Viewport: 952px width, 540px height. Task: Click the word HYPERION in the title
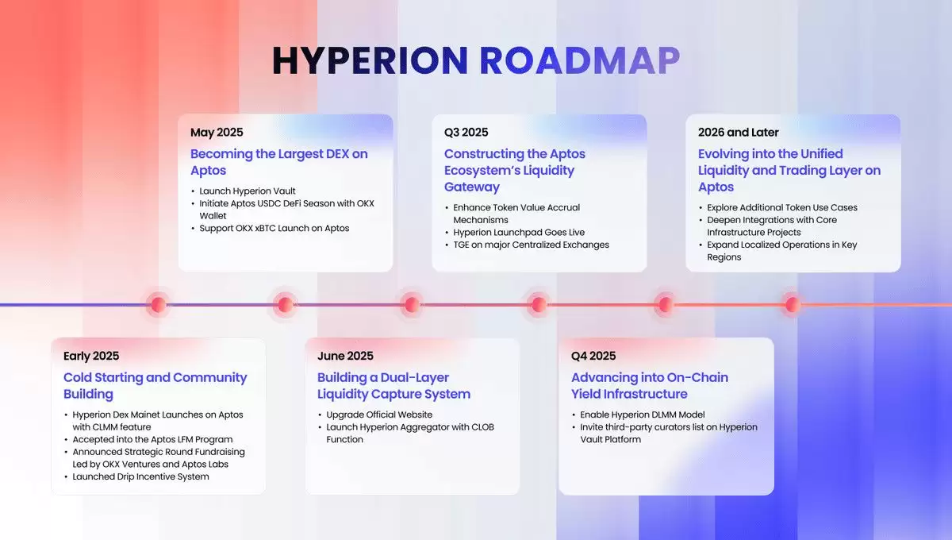pyautogui.click(x=370, y=62)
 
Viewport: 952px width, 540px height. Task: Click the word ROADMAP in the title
pyautogui.click(x=580, y=62)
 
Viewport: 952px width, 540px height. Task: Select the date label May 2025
pyautogui.click(x=217, y=133)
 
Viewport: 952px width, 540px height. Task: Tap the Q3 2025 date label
pyautogui.click(x=466, y=133)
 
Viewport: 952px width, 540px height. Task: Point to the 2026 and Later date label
pyautogui.click(x=739, y=133)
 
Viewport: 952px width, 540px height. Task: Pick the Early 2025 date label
pyautogui.click(x=91, y=356)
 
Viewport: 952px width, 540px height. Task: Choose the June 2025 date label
pyautogui.click(x=345, y=356)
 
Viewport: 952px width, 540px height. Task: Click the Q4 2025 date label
pyautogui.click(x=593, y=356)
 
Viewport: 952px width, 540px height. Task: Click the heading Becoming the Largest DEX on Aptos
pyautogui.click(x=278, y=162)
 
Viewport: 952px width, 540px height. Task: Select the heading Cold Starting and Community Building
pyautogui.click(x=155, y=386)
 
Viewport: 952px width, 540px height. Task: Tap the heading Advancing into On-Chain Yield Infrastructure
pyautogui.click(x=649, y=386)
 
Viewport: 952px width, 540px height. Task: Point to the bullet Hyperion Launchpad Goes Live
pyautogui.click(x=519, y=232)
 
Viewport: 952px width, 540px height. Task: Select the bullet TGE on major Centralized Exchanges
pyautogui.click(x=531, y=245)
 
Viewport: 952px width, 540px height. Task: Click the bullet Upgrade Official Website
pyautogui.click(x=380, y=415)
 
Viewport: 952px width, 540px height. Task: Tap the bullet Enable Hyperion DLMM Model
pyautogui.click(x=643, y=415)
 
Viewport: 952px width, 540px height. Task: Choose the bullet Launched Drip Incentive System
pyautogui.click(x=140, y=476)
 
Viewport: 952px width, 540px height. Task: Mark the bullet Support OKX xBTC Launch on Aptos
pyautogui.click(x=274, y=228)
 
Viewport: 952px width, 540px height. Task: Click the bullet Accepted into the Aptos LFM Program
pyautogui.click(x=152, y=439)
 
